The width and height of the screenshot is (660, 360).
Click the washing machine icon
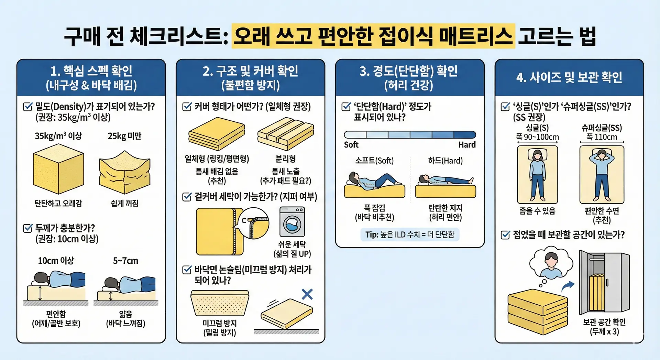(x=292, y=222)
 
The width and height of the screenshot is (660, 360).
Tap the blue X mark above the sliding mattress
(x=307, y=294)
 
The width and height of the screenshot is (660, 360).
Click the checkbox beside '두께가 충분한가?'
(x=27, y=228)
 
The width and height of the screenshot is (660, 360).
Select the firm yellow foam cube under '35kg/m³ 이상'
(x=58, y=168)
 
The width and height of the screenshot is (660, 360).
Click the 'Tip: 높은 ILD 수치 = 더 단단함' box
(x=409, y=234)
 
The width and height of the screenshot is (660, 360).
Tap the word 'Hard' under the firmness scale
(x=467, y=145)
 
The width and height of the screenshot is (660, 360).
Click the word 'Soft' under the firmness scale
(x=351, y=145)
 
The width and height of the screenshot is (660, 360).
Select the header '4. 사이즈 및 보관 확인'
(x=569, y=77)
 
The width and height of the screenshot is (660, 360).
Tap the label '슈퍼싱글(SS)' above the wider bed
(x=601, y=128)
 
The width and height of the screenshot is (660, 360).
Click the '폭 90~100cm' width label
(x=537, y=137)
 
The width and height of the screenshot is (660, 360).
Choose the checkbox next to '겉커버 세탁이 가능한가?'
(x=187, y=197)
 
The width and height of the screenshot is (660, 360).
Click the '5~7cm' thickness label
(x=125, y=261)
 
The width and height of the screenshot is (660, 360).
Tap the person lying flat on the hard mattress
(x=445, y=180)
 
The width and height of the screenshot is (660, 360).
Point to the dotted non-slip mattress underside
(x=220, y=303)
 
